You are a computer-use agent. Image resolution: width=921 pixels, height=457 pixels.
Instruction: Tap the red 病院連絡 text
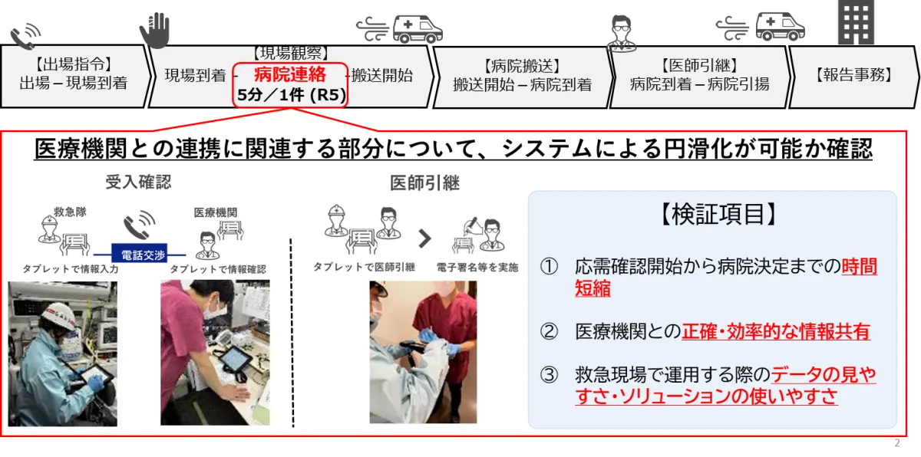coord(290,74)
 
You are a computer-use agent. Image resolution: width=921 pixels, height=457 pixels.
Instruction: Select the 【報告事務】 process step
coord(853,75)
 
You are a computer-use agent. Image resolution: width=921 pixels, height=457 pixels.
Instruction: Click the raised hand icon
coord(154,30)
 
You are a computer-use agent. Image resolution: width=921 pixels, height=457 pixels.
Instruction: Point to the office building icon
coord(857,22)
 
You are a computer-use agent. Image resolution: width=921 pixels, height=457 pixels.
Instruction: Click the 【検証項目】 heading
coord(718,215)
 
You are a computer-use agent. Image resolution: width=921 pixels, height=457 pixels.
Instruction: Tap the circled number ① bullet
coord(549,267)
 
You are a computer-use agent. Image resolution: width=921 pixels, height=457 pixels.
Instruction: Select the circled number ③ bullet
coord(549,375)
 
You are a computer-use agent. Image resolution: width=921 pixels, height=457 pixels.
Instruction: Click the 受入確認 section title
coord(138,182)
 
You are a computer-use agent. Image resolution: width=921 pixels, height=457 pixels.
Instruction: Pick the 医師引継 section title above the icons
coord(424,182)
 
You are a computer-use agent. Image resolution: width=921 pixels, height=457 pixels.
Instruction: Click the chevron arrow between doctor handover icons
coord(424,238)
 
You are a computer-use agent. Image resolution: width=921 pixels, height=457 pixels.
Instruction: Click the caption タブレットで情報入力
coord(71,269)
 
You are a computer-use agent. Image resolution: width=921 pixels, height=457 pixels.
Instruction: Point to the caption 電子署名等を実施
coord(477,268)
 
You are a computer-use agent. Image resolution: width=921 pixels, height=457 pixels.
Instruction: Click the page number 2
coord(896,443)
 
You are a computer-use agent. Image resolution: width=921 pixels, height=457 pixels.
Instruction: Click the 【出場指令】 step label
coord(73,64)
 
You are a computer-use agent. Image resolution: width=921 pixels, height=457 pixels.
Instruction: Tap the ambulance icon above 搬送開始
coord(418,29)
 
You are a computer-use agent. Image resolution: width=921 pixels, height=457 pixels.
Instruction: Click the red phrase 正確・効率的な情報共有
coord(776,332)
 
